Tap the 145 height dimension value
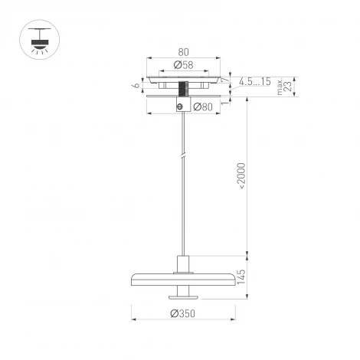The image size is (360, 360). point(242,278)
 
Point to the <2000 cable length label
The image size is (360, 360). point(241,175)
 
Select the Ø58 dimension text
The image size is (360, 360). point(182,64)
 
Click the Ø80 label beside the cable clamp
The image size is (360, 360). point(202,106)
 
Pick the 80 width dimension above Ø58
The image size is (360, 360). point(182,52)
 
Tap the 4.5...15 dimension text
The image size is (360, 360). point(254,82)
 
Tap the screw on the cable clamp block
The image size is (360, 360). point(180,107)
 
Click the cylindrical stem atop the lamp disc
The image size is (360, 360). point(182,263)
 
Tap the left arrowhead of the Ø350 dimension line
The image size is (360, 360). point(135,319)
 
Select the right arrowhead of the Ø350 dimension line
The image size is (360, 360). point(231,319)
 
